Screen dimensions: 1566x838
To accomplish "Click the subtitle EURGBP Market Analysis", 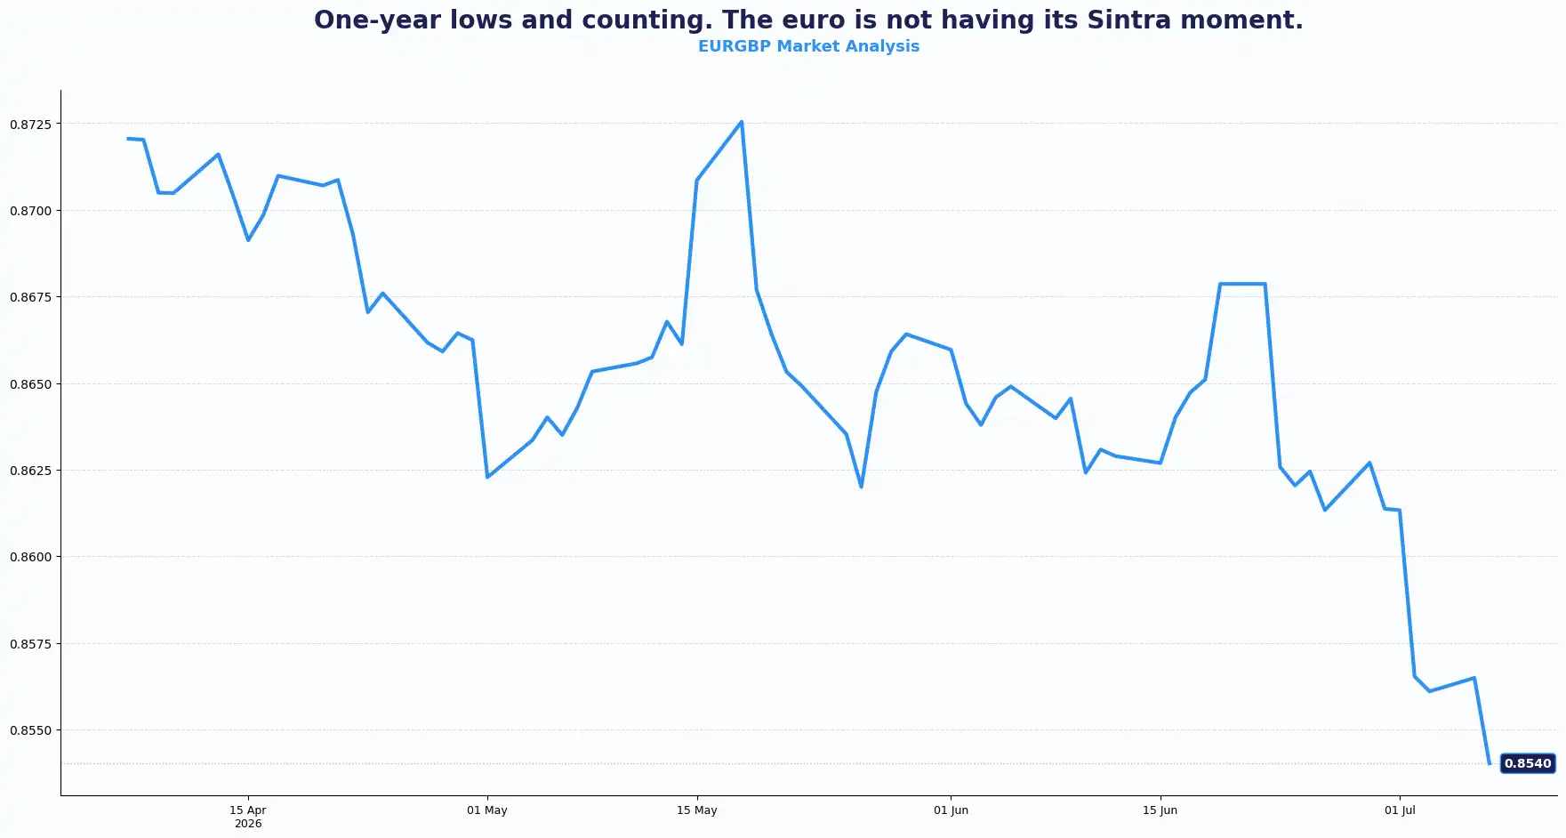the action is click(808, 46).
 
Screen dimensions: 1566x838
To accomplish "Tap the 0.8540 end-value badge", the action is click(1528, 763).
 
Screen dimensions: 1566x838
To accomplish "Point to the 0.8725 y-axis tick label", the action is click(31, 125).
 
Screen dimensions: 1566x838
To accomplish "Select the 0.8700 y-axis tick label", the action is click(31, 211).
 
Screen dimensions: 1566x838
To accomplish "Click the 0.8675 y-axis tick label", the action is click(31, 297).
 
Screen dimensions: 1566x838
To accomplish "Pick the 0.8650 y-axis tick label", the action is click(31, 384).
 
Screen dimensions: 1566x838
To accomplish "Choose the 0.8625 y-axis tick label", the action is click(31, 471).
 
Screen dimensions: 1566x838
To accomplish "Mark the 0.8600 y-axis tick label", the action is click(31, 557).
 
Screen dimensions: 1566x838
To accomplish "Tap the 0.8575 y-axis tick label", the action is click(31, 644).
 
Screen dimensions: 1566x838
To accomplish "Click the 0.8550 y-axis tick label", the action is click(31, 730).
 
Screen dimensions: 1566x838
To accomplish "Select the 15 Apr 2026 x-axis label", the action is click(248, 817).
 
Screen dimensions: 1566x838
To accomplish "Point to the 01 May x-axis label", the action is click(487, 810).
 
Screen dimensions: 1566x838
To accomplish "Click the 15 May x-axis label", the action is click(697, 810).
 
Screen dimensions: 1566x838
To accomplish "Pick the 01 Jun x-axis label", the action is click(951, 810).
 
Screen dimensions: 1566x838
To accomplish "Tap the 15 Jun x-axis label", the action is click(1160, 810).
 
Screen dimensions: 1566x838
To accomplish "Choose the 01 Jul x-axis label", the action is click(1400, 810).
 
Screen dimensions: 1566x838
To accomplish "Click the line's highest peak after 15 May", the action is click(742, 122).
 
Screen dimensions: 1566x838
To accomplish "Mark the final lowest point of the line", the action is click(1490, 763).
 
